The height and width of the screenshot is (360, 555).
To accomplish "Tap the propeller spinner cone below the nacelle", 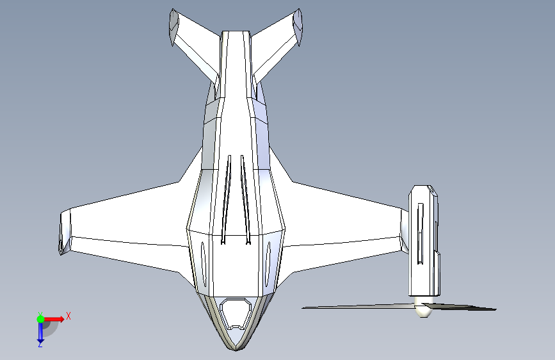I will coord(422,311).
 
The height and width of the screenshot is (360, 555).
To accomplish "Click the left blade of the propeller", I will coord(358,306).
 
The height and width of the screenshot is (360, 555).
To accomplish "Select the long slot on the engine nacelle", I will coord(420,233).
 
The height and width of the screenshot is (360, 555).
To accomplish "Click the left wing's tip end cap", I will coord(64,232).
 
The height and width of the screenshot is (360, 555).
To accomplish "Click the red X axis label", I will coord(68,316).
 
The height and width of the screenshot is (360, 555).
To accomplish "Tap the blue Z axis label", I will coord(40,345).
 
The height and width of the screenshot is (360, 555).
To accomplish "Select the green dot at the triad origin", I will coord(40,318).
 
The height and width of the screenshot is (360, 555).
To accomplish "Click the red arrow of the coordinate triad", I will coord(55,318).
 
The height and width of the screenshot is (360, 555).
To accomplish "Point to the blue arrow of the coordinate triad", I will coord(40,332).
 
